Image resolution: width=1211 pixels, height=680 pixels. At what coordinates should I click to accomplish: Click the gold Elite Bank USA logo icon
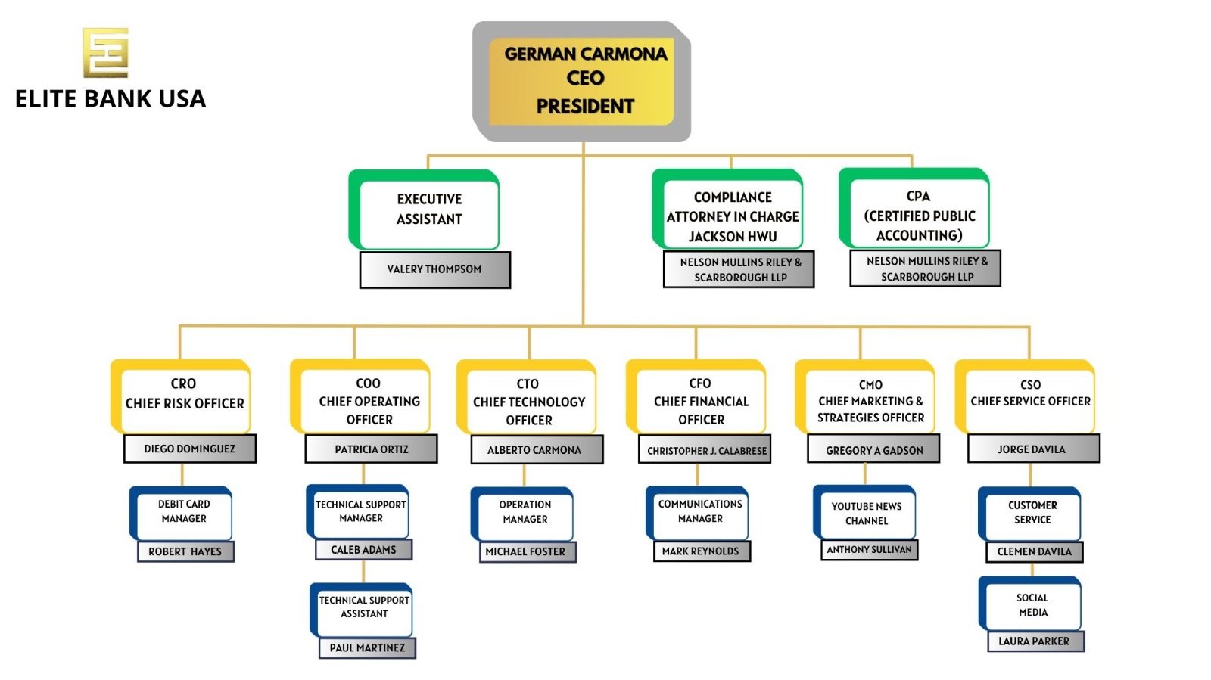click(105, 52)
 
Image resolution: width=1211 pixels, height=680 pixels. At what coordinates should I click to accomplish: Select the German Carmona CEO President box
click(584, 80)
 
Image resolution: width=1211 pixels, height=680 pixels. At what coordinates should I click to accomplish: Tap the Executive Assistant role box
click(428, 210)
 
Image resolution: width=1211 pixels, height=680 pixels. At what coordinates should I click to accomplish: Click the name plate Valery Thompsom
click(434, 269)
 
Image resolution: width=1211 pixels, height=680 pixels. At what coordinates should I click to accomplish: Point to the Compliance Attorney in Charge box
click(732, 216)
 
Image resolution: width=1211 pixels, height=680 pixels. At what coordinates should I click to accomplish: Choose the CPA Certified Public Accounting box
click(919, 216)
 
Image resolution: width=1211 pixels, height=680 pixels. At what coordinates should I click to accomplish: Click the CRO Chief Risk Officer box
click(185, 394)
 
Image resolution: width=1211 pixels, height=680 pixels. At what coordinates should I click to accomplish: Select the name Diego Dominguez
click(189, 449)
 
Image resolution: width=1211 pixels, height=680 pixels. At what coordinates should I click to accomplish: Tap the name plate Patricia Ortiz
click(371, 449)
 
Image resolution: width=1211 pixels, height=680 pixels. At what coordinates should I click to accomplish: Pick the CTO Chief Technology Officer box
click(528, 402)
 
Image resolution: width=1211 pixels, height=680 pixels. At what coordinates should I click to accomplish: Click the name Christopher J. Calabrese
click(705, 450)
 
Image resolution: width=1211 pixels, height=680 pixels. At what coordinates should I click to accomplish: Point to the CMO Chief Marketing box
click(870, 401)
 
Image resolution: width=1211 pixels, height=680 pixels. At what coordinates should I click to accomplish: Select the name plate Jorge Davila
click(1032, 449)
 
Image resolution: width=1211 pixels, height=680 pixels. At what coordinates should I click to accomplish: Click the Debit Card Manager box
click(184, 511)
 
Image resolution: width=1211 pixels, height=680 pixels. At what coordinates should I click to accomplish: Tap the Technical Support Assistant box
click(364, 607)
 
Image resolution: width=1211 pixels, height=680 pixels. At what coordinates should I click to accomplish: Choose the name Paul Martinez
click(367, 648)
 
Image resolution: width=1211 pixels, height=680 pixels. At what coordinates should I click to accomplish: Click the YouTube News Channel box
click(867, 514)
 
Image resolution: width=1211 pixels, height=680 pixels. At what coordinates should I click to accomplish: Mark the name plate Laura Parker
click(1035, 641)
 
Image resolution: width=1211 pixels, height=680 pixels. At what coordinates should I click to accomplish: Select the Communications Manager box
click(700, 511)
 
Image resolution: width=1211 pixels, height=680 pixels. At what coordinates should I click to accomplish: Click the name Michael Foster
click(526, 552)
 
